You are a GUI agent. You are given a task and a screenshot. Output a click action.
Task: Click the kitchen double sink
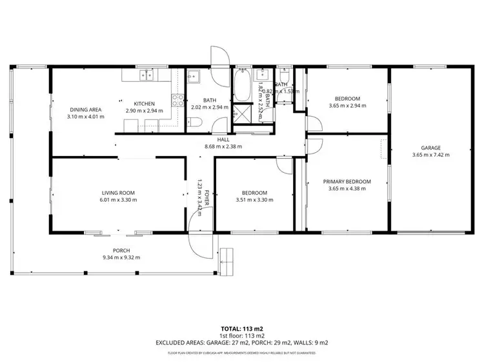click(x=145, y=76)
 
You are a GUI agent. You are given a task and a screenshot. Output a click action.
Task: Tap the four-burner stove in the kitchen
click(x=177, y=99)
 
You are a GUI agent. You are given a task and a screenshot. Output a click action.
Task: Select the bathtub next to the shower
click(x=243, y=86)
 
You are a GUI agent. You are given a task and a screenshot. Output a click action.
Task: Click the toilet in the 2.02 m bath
click(x=199, y=123)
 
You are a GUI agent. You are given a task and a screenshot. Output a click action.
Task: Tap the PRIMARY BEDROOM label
click(x=347, y=182)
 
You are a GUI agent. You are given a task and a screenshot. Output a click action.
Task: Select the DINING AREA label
click(x=84, y=110)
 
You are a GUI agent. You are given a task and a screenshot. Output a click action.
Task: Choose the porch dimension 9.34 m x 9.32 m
click(x=121, y=257)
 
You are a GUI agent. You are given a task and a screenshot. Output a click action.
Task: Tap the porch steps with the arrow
click(x=228, y=259)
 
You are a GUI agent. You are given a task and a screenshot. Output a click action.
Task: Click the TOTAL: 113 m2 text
click(x=241, y=328)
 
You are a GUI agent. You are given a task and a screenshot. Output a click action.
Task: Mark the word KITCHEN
click(x=145, y=104)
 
